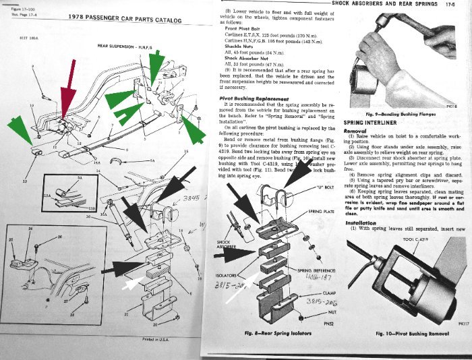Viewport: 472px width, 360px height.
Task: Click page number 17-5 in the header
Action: (x=459, y=5)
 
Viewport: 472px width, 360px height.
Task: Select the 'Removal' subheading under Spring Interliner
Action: (x=355, y=131)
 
